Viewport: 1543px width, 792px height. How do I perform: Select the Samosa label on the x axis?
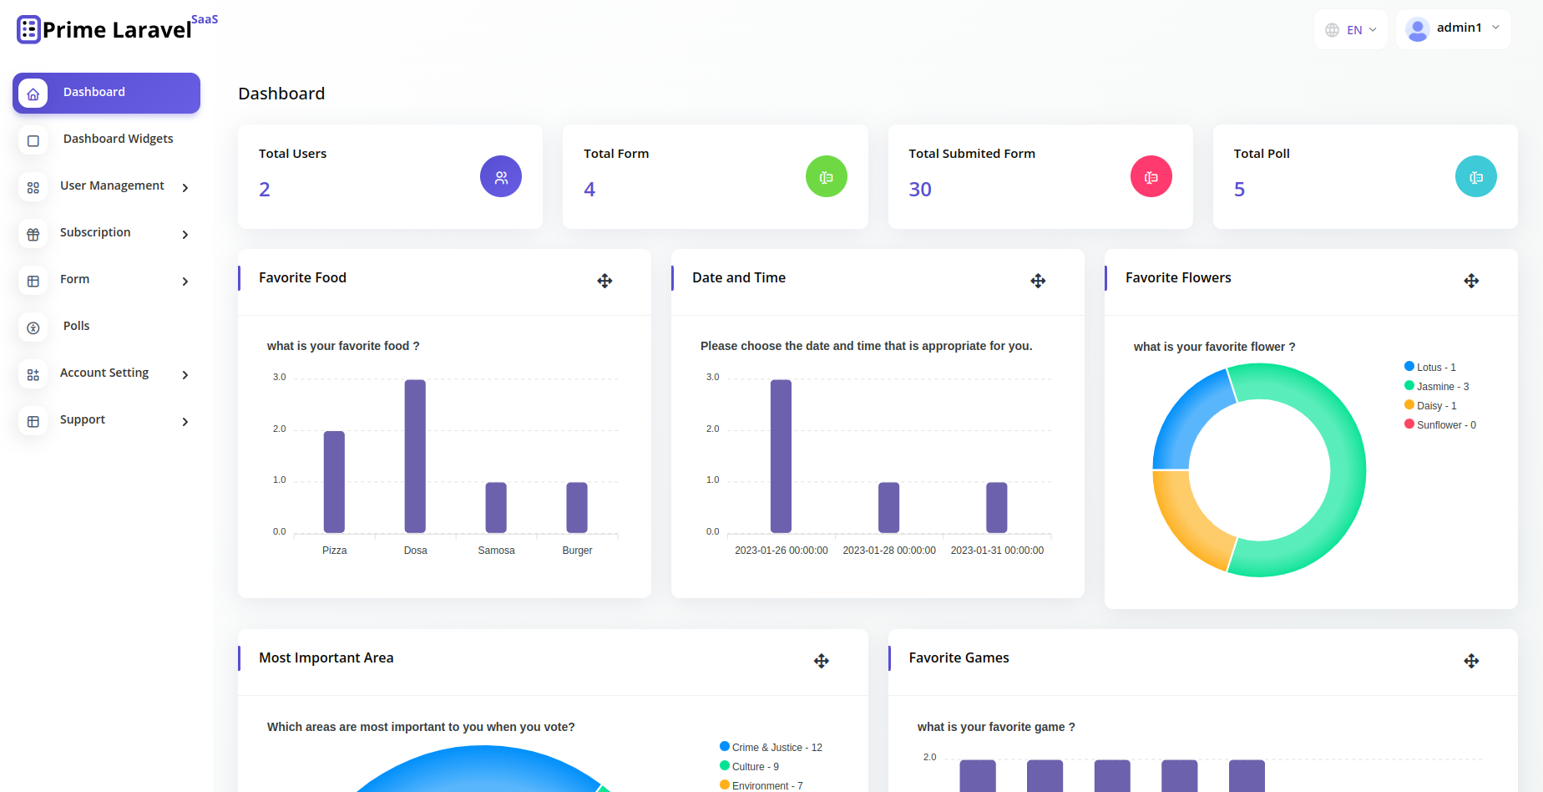[496, 551]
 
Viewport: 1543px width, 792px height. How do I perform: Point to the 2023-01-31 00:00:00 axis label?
[997, 551]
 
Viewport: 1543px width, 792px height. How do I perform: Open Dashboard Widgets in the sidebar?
[118, 139]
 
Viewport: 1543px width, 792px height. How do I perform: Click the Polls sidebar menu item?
[76, 326]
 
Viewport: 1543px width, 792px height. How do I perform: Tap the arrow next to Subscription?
[185, 235]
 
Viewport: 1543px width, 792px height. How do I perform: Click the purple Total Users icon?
[501, 177]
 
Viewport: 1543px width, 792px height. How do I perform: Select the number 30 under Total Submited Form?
[920, 190]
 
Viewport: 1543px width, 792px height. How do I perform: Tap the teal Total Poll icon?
[1475, 177]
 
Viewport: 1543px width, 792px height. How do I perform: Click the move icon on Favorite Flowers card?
[1471, 281]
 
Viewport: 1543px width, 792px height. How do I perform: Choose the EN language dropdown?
[1351, 30]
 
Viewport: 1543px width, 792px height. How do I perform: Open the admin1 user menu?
[1454, 29]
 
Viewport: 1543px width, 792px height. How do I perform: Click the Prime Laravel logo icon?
[28, 29]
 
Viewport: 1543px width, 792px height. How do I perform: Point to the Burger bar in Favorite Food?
[577, 507]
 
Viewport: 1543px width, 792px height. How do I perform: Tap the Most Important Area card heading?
[326, 658]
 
